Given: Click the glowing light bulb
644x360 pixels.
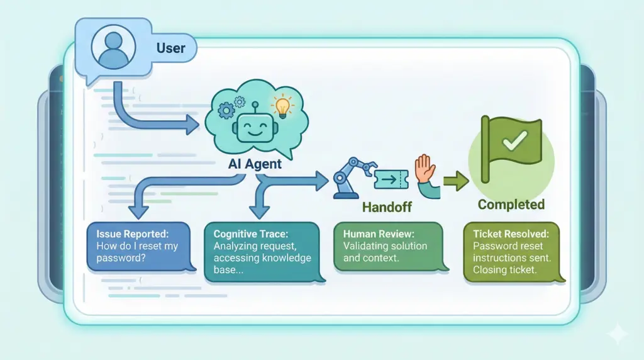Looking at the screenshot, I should (282, 105).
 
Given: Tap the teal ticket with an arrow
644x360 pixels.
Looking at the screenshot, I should (392, 180).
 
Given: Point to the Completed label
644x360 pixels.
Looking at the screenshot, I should (511, 205).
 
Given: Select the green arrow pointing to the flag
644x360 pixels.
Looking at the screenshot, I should (456, 182).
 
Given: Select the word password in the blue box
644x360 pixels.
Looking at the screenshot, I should (121, 258).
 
